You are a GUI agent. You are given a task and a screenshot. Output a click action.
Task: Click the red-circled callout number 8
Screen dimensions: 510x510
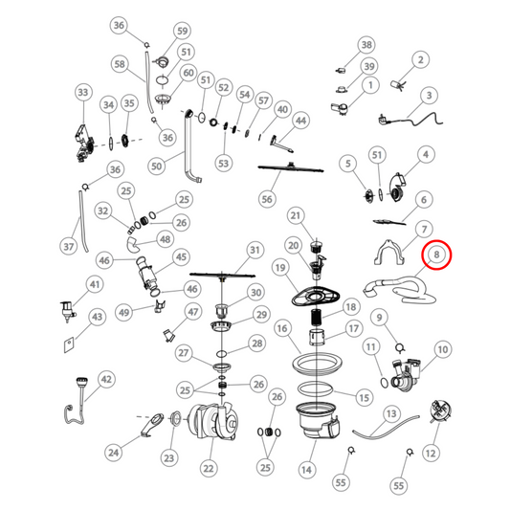[x=436, y=255]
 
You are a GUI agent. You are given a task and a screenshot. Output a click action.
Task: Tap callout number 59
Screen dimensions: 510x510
[x=182, y=31]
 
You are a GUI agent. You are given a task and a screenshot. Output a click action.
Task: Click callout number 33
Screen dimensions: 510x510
[x=83, y=93]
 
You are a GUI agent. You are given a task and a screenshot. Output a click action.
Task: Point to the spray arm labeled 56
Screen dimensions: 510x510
[x=291, y=168]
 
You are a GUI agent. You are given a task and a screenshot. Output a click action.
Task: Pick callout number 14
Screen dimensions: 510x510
[x=306, y=470]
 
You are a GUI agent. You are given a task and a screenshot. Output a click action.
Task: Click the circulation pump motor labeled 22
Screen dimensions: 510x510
[x=213, y=422]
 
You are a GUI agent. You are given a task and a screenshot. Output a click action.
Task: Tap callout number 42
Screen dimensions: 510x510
[x=106, y=379]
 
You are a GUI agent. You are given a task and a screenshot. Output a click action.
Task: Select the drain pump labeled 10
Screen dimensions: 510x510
[x=406, y=375]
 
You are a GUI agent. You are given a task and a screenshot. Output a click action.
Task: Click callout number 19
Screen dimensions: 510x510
[x=280, y=268]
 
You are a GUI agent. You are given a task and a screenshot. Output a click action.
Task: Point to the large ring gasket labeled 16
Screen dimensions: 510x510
[x=317, y=362]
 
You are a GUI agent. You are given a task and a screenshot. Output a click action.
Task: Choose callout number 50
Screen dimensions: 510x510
[x=157, y=166]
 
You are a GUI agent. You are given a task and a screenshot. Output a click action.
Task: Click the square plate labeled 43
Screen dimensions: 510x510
[x=69, y=345]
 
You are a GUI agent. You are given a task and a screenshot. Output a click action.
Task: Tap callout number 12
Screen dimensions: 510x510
[x=431, y=454]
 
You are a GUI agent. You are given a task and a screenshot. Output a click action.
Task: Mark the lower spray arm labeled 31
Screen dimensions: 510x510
[x=223, y=276]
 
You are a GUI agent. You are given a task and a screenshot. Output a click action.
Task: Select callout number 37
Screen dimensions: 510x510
[x=68, y=246]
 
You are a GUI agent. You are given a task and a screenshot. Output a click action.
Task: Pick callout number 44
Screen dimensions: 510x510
[x=300, y=121]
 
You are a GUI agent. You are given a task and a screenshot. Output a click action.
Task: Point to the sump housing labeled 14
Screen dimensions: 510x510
[x=319, y=420]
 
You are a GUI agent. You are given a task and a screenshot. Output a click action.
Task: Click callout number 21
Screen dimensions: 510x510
[x=296, y=215]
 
